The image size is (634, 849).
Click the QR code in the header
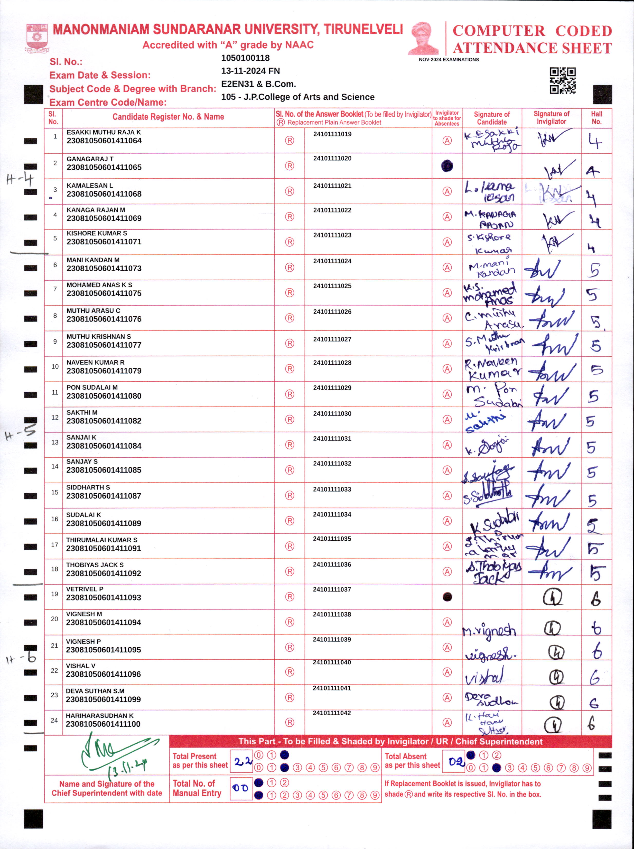tap(562, 81)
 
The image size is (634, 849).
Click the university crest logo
tap(37, 38)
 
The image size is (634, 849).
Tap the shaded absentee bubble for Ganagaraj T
tap(447, 166)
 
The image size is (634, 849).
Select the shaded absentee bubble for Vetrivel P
tap(447, 597)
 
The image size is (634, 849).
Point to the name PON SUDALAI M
tap(92, 387)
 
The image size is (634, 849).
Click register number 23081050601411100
tap(103, 724)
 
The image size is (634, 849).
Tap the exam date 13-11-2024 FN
tap(250, 71)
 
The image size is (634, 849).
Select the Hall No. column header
tap(596, 118)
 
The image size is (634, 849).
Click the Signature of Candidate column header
tap(492, 118)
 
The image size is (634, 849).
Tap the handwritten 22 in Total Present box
tap(242, 761)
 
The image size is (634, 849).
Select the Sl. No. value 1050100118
tap(245, 58)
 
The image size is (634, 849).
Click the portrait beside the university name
tap(424, 38)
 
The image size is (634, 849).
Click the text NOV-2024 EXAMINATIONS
tap(449, 60)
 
